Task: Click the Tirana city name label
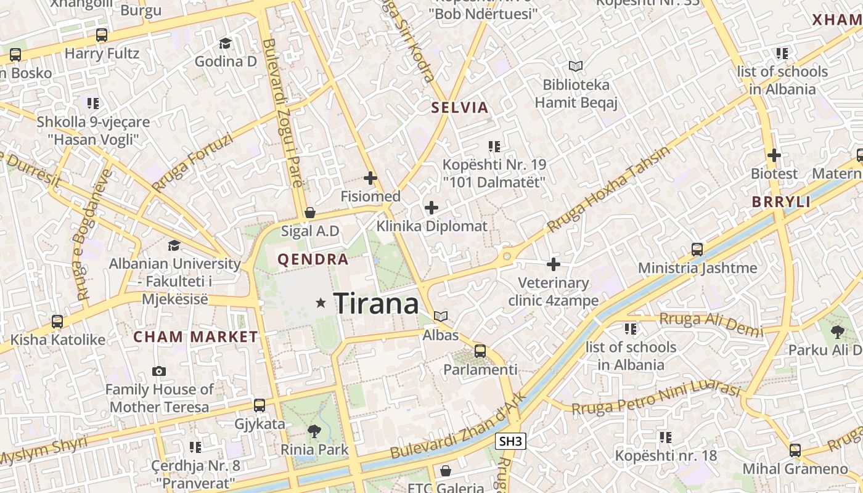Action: click(x=376, y=304)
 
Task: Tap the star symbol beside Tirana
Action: click(x=321, y=303)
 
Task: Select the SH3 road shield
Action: click(x=510, y=441)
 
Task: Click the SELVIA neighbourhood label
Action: click(x=459, y=108)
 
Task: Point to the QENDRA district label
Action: click(x=313, y=259)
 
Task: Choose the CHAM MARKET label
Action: click(x=195, y=337)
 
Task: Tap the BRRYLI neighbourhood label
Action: click(x=781, y=202)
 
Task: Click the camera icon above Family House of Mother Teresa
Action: click(x=159, y=371)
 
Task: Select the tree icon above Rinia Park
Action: click(x=314, y=431)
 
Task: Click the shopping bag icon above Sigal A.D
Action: click(x=310, y=213)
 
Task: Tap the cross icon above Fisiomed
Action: click(x=370, y=178)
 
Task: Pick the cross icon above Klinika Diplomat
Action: click(x=431, y=208)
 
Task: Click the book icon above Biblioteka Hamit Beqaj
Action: click(x=576, y=66)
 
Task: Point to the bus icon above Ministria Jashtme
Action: click(x=697, y=250)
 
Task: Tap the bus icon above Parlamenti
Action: click(x=480, y=351)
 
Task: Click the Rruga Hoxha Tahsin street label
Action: click(x=608, y=189)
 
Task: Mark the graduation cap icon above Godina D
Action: click(x=225, y=43)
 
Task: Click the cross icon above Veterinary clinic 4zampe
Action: click(x=554, y=264)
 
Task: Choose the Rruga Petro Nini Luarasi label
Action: click(x=655, y=399)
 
